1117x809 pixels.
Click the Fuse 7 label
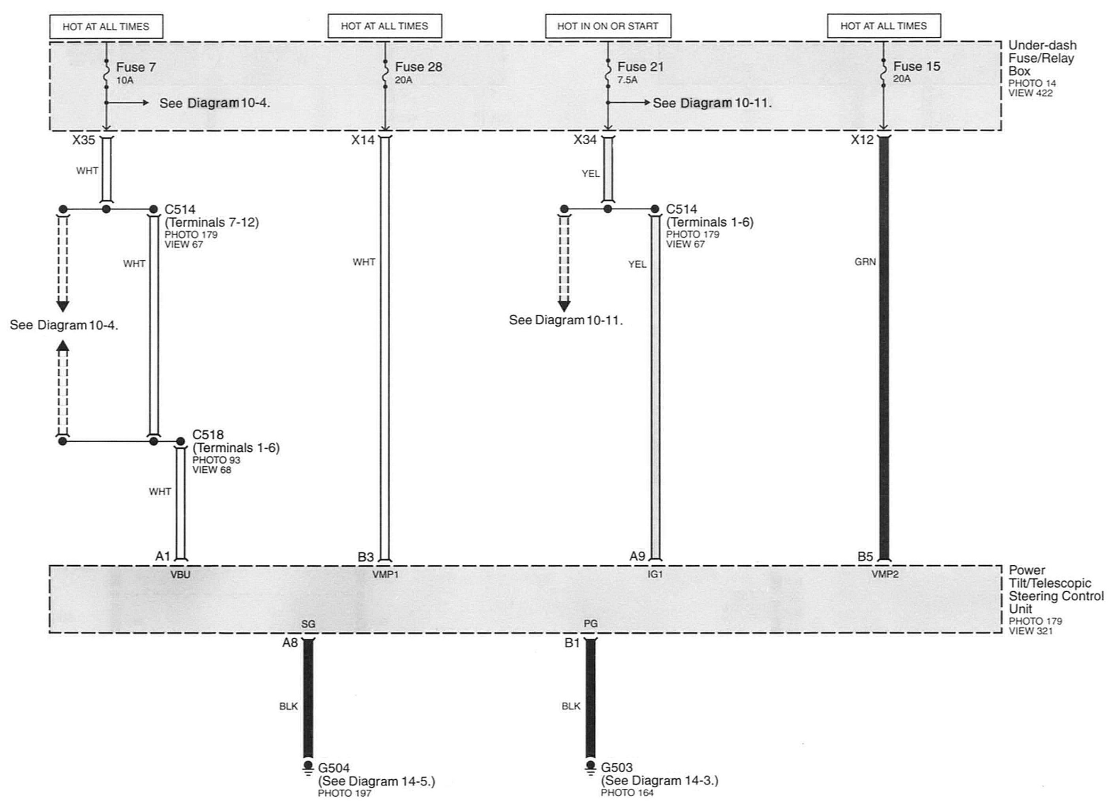click(x=135, y=67)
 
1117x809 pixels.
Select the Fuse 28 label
click(x=418, y=67)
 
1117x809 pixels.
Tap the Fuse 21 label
click(x=640, y=67)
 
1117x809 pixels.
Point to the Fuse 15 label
click(x=917, y=66)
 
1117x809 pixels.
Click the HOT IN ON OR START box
click(x=607, y=26)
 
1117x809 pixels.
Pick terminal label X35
click(x=84, y=140)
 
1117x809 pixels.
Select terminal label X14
click(x=363, y=140)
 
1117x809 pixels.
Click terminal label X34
click(x=585, y=140)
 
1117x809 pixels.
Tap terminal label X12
click(x=862, y=140)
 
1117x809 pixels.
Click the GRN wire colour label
click(x=865, y=262)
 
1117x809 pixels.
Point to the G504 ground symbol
click(x=308, y=768)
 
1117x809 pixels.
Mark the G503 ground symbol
click(x=590, y=768)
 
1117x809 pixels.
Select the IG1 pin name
click(x=655, y=575)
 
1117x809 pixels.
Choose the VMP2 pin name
click(x=885, y=574)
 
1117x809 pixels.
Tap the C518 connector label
click(x=208, y=435)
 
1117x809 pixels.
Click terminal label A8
click(x=289, y=643)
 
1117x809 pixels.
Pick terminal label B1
click(x=572, y=643)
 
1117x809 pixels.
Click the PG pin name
click(x=591, y=624)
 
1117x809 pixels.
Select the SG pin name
click(x=308, y=624)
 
